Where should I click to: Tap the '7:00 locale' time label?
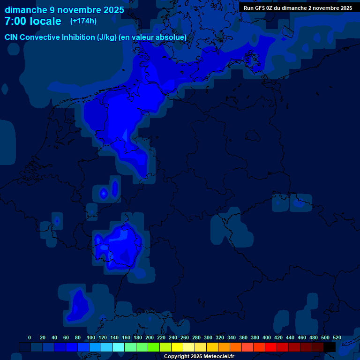coord(33,21)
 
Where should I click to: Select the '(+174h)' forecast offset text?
coord(83,21)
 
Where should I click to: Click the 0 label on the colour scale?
coord(30,337)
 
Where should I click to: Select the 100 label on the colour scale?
coord(91,337)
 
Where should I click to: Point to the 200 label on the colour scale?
coord(150,337)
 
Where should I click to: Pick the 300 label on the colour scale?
coord(208,337)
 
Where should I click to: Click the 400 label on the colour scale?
coord(267,337)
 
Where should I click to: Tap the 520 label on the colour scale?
coord(337,337)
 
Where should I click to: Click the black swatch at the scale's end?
coord(330,347)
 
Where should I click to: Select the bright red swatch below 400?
coord(271,347)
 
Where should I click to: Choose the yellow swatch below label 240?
coord(177,347)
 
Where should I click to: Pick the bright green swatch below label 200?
coord(154,347)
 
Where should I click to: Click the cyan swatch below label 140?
coord(119,347)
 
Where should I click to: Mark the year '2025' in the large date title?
coord(112,10)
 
